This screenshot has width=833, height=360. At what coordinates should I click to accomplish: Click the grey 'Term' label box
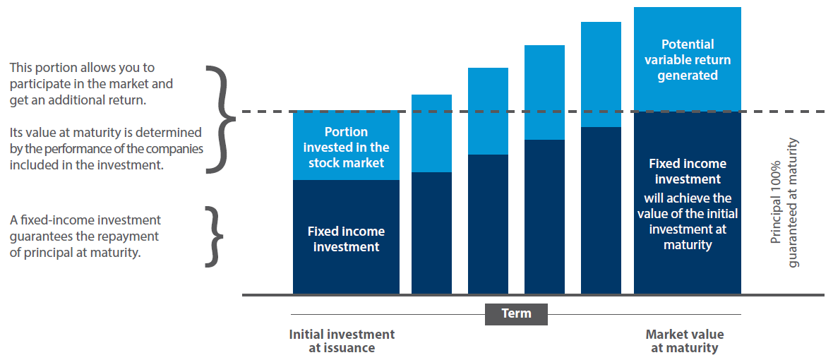[x=516, y=313]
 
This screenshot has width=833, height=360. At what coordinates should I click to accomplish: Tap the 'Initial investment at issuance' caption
[x=342, y=341]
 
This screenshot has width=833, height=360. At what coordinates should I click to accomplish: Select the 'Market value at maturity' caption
[x=684, y=341]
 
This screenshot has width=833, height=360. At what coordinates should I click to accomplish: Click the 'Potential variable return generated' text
[x=687, y=59]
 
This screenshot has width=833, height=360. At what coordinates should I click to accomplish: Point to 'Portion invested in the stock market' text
[x=346, y=147]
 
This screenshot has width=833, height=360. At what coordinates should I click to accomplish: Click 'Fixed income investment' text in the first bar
[x=346, y=239]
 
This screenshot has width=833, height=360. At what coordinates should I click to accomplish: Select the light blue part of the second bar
[x=431, y=133]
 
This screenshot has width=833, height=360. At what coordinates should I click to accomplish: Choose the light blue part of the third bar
[x=488, y=111]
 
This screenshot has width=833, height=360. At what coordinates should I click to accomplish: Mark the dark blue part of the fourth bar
[x=544, y=215]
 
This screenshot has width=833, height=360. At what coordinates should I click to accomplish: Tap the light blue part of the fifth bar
[x=601, y=74]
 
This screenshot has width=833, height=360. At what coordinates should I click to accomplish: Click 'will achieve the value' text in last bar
[x=687, y=205]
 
